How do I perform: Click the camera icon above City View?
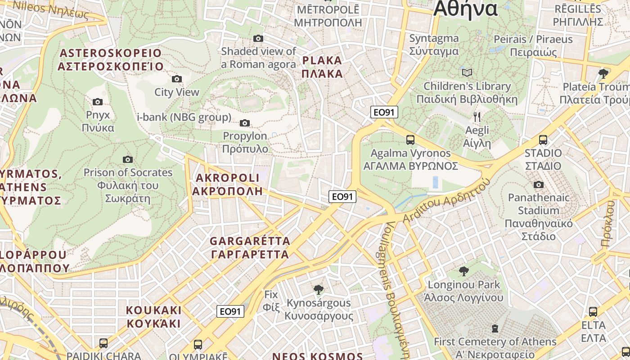(177, 79)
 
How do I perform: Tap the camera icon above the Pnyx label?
(98, 102)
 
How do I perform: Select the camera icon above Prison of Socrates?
(128, 159)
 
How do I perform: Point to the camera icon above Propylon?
(245, 123)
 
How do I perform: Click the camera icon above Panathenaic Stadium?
(538, 184)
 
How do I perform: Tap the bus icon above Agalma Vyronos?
(410, 139)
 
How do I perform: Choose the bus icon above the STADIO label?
(543, 140)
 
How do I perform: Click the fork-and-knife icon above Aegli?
(477, 117)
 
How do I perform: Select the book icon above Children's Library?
(467, 72)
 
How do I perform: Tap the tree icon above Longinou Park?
(463, 271)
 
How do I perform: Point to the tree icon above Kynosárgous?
(319, 289)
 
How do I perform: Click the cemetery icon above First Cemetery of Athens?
(495, 328)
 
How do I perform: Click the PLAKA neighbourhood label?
(322, 67)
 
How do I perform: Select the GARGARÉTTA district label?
(250, 247)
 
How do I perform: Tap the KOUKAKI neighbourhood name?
(153, 317)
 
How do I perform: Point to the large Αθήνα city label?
(465, 9)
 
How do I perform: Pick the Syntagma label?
(434, 45)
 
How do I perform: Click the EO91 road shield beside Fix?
(230, 311)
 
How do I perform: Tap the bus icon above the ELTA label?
(593, 311)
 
